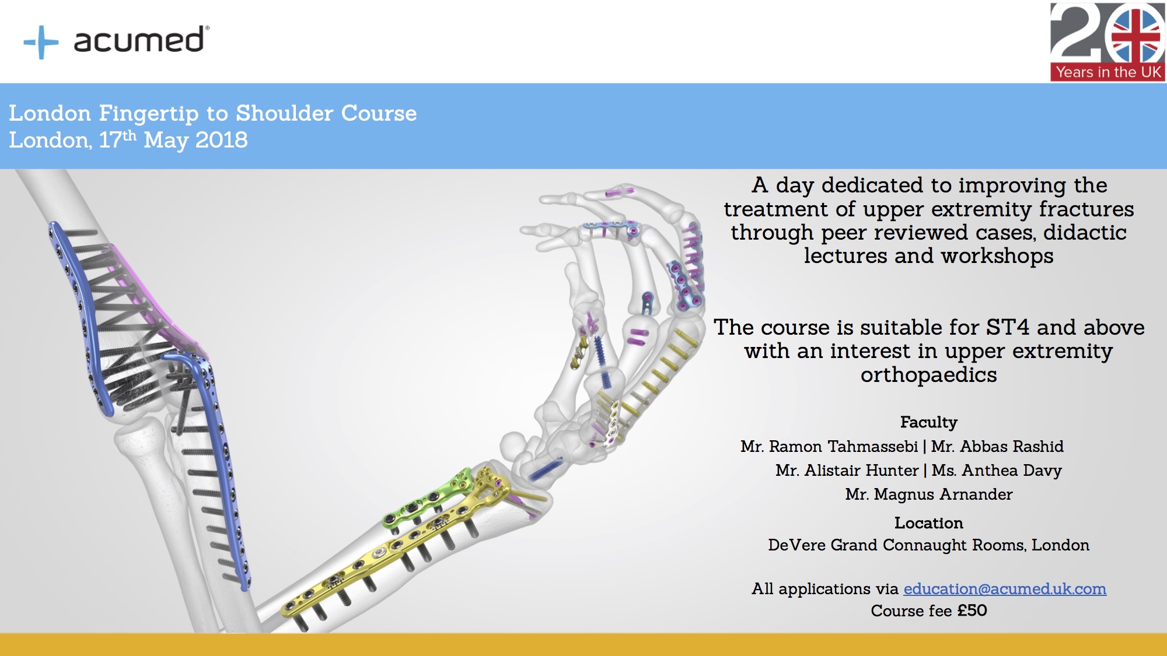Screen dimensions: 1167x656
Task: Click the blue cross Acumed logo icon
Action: tap(41, 42)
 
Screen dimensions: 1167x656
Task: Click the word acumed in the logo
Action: tap(139, 40)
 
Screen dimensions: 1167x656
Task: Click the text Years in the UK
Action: tap(1108, 72)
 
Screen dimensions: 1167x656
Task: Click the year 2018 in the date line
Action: tap(221, 140)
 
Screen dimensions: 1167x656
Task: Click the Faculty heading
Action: tap(928, 422)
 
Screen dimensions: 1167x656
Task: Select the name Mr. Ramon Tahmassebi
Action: tap(829, 447)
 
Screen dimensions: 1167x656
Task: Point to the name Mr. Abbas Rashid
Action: tap(997, 447)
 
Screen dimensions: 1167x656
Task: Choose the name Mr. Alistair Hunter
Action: tap(847, 471)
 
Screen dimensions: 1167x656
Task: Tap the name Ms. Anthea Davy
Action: tap(997, 471)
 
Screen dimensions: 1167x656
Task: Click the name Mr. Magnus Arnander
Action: tap(928, 494)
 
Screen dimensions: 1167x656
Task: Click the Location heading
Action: tap(928, 523)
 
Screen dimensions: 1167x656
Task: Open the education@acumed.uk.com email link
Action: tap(1005, 589)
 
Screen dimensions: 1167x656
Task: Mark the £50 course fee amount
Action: tap(972, 611)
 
